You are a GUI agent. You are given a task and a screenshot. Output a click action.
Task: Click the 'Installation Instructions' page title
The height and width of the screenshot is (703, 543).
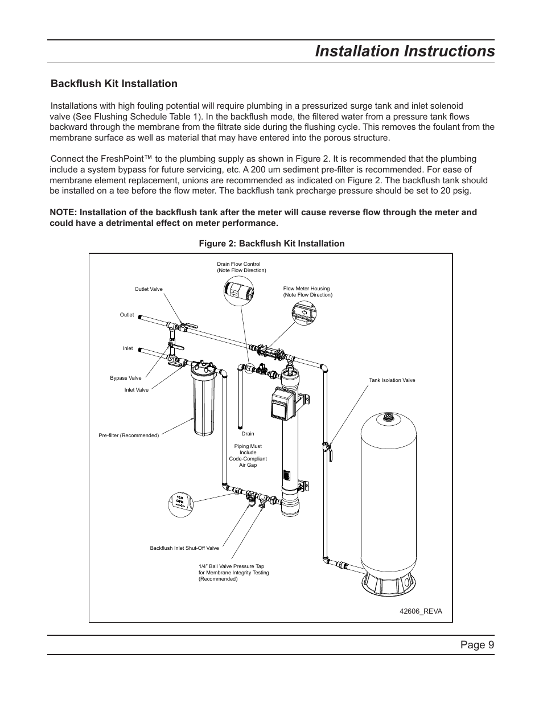[x=405, y=51]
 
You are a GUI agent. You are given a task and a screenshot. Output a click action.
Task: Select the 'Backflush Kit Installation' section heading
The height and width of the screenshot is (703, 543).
[x=114, y=84]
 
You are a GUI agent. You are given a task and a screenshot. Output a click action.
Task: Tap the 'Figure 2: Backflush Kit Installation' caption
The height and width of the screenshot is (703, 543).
[x=271, y=244]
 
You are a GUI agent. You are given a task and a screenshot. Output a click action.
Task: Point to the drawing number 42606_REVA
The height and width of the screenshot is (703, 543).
[x=421, y=611]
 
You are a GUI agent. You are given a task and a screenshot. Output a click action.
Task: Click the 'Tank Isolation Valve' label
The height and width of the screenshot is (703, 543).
[x=392, y=380]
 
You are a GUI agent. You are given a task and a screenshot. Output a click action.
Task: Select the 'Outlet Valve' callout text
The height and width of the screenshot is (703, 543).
[x=149, y=289]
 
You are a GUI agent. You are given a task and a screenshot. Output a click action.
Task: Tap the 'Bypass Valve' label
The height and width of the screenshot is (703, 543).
[x=125, y=378]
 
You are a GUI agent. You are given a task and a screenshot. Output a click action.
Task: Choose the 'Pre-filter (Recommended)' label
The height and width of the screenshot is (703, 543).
[x=129, y=435]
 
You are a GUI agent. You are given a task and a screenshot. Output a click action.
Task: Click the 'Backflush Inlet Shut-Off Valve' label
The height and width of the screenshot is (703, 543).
[x=184, y=548]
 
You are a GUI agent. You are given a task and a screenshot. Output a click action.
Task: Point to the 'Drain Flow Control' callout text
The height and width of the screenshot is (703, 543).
[x=238, y=264]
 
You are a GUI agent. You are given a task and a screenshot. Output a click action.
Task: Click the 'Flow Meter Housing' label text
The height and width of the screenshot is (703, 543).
[x=306, y=289]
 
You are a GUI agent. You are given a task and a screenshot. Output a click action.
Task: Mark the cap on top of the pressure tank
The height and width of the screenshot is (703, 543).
[x=389, y=417]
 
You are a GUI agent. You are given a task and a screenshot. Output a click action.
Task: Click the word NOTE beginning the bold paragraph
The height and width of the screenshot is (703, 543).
[x=62, y=212]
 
